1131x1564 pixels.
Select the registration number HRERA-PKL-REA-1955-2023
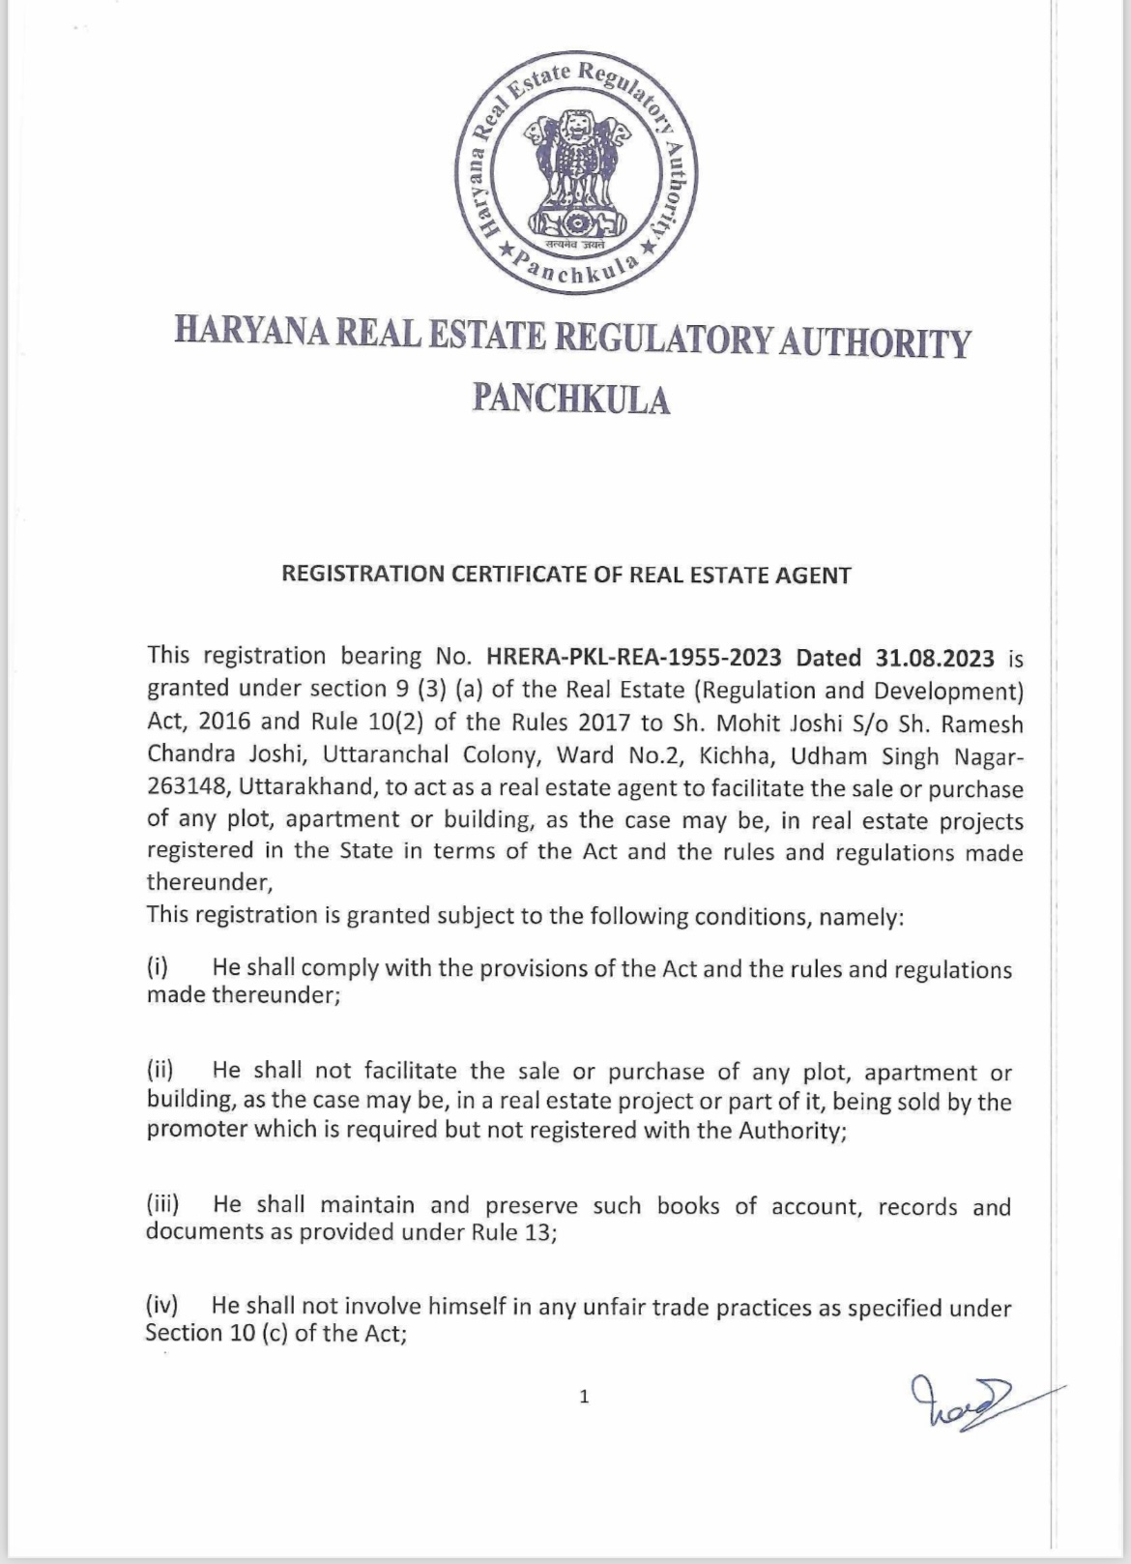[x=634, y=657]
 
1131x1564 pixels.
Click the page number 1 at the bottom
[x=583, y=1396]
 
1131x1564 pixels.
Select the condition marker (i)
[x=158, y=967]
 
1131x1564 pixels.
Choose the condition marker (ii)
[x=159, y=1070]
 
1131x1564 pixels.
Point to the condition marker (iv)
[x=161, y=1307]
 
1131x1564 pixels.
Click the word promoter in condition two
[x=193, y=1130]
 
